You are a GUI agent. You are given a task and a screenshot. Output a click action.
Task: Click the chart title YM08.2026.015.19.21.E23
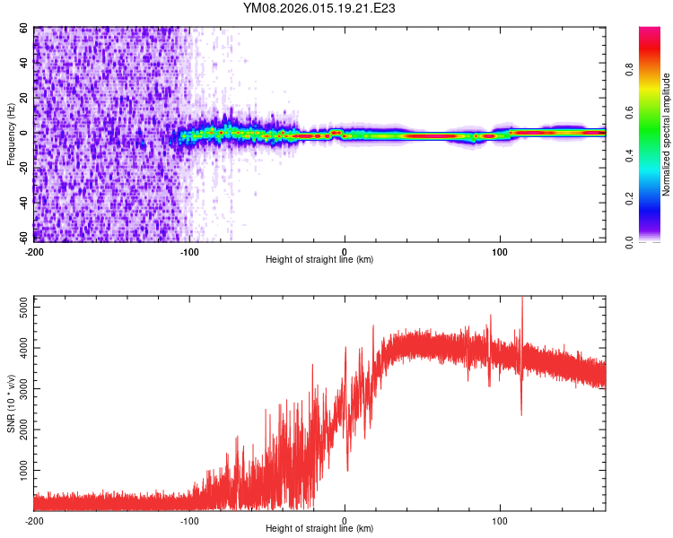point(319,8)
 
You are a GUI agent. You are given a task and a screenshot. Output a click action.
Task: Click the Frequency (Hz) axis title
point(11,134)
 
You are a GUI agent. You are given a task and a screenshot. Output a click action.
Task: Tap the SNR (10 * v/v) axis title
point(11,403)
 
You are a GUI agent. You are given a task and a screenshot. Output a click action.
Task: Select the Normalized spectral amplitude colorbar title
point(666,134)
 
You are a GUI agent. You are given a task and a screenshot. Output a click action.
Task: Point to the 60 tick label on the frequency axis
point(24,29)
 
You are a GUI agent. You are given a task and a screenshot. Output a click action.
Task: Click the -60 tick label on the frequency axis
point(22,239)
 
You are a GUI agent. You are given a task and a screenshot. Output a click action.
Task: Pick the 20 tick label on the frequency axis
point(24,99)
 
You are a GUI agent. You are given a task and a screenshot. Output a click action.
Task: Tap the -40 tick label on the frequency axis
point(22,204)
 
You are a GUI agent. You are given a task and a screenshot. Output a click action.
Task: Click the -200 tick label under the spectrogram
point(34,249)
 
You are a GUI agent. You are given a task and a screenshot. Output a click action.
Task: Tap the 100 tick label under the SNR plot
point(501,519)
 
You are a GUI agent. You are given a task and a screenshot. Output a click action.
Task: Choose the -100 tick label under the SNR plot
point(189,519)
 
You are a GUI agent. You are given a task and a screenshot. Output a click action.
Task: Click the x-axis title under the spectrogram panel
point(319,259)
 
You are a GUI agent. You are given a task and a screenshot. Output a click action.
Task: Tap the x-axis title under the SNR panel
point(319,529)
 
